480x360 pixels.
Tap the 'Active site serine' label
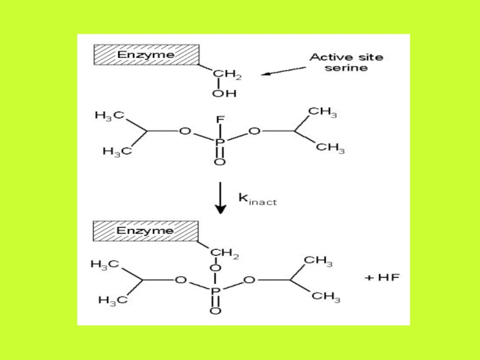click(346, 62)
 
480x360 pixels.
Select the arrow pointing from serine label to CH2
click(284, 72)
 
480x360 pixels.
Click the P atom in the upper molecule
click(220, 143)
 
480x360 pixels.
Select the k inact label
click(257, 199)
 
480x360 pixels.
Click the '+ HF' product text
click(383, 278)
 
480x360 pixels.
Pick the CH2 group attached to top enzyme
click(228, 74)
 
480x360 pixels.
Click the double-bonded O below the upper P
click(220, 163)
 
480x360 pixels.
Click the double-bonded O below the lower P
click(216, 311)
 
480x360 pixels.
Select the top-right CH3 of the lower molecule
click(318, 260)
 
